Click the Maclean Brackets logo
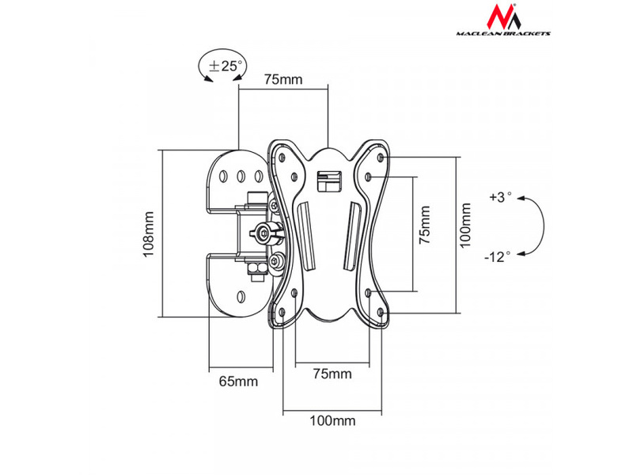point(503,21)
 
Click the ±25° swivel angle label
point(226,66)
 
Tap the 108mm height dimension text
point(148,234)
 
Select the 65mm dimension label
point(238,382)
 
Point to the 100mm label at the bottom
point(332,421)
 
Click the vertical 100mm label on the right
point(465,226)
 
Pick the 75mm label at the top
point(283,79)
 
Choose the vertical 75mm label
point(424,225)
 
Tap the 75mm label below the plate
point(332,374)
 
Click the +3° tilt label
point(500,197)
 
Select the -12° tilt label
point(498,256)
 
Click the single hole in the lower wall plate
point(241,297)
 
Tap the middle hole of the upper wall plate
point(241,176)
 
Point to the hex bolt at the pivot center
point(264,233)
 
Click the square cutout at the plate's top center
point(329,181)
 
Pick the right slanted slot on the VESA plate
point(352,236)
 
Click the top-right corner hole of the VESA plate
point(381,157)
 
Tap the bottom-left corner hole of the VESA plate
point(282,311)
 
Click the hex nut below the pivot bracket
point(256,268)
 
